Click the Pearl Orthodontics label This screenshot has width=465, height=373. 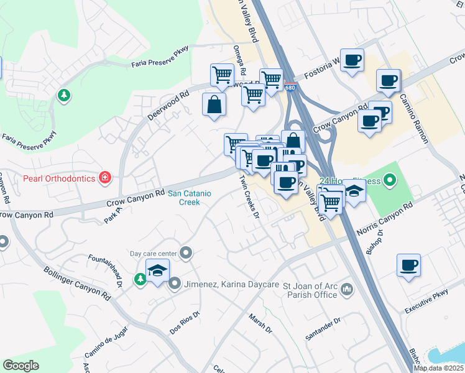tap(59, 179)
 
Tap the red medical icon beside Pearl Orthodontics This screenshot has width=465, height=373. tap(106, 178)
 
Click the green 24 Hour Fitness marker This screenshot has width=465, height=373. tap(390, 182)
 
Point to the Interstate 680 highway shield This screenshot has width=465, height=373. tap(291, 88)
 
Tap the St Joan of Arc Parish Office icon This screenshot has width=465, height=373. tap(347, 289)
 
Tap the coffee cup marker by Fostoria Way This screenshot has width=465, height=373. tap(352, 60)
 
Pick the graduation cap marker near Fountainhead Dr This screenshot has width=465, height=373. tap(157, 270)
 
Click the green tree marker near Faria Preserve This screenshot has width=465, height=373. tap(63, 95)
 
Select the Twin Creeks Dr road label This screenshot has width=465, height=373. tap(249, 196)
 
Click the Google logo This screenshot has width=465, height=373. tap(21, 366)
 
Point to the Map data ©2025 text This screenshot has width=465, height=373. tap(438, 368)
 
